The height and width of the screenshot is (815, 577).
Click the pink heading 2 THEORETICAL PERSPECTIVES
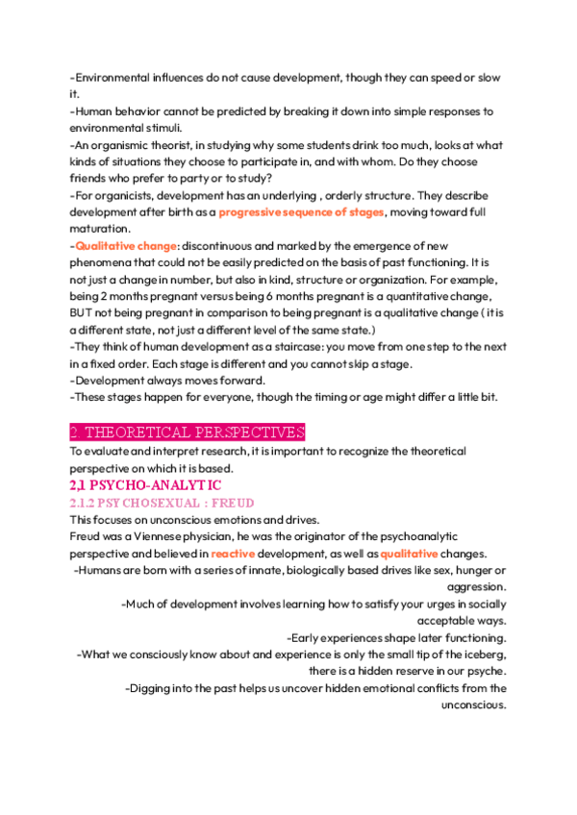coord(188,432)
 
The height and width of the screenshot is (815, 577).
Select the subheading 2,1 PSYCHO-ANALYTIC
coord(145,485)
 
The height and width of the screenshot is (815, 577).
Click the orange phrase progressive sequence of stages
coord(301,211)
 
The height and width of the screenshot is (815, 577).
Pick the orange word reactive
coord(233,554)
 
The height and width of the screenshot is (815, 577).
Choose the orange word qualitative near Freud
coord(409,554)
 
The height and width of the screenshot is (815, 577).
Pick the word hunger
coord(462,570)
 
